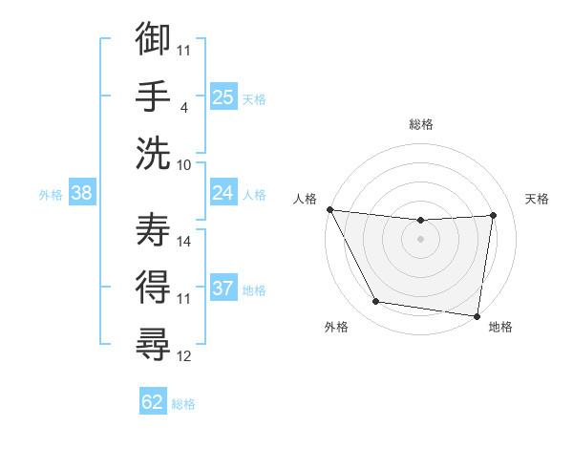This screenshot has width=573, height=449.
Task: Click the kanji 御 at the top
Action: tap(153, 41)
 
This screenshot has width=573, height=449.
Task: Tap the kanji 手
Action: tap(153, 96)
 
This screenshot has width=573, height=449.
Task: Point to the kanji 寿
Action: tap(153, 228)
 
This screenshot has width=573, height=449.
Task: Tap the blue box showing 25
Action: tap(223, 96)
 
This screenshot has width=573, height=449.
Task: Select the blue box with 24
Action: tap(223, 193)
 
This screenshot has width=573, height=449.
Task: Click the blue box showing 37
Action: tap(223, 289)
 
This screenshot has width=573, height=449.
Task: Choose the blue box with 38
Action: tap(82, 193)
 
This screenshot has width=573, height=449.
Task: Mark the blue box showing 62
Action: tap(153, 402)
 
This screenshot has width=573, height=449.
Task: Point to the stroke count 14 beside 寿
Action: tap(184, 243)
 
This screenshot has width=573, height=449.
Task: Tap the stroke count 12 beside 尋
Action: tap(184, 356)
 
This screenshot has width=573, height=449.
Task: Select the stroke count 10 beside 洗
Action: tap(184, 164)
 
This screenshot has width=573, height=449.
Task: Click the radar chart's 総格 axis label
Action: tap(421, 124)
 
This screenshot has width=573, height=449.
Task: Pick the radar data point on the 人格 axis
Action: tap(329, 209)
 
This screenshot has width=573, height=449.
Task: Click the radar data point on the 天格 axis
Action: tap(494, 215)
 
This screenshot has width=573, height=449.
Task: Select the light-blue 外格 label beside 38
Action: tap(51, 194)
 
